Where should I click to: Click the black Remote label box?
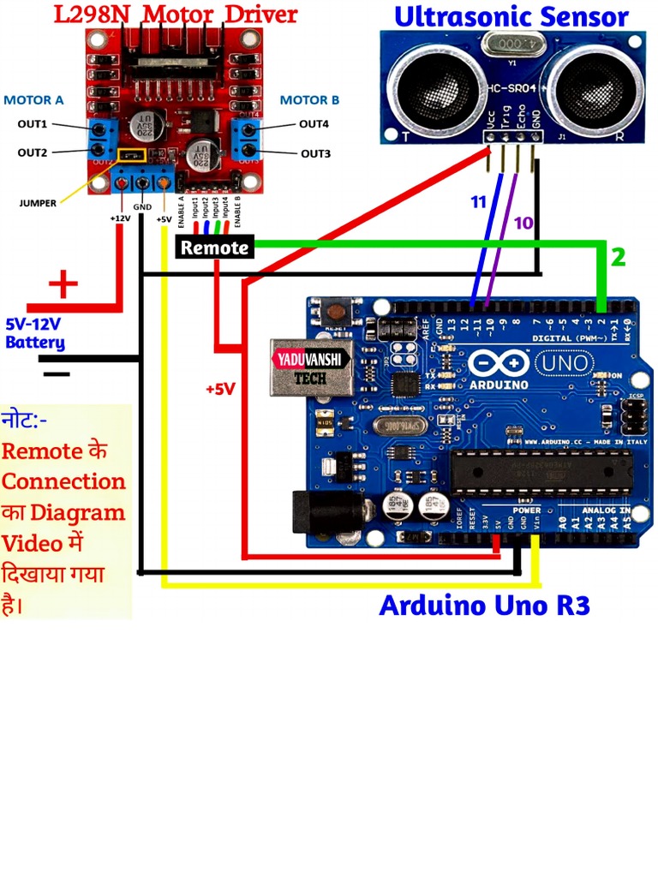click(215, 248)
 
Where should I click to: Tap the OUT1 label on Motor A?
click(33, 124)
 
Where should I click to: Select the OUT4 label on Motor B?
click(314, 124)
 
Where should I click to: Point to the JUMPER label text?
click(38, 203)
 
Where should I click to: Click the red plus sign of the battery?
click(63, 283)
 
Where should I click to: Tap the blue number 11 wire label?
click(478, 202)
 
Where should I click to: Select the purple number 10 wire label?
click(523, 223)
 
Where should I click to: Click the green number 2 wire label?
click(618, 256)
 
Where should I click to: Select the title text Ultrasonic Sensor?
click(511, 16)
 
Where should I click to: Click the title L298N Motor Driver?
click(176, 14)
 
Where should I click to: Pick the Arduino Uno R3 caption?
click(484, 605)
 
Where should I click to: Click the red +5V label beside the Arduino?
click(220, 389)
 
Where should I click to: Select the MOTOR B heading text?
click(309, 100)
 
